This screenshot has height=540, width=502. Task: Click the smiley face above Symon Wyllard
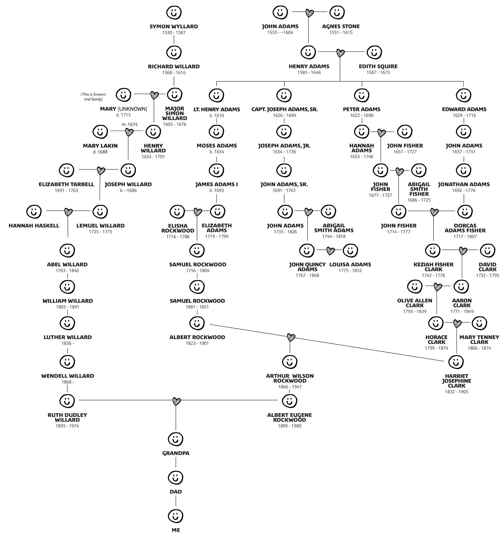[x=174, y=12]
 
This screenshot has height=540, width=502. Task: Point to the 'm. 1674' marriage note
[x=130, y=124]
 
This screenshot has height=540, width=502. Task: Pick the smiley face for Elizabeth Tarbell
[x=66, y=170]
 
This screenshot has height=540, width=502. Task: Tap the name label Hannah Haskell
[x=34, y=226]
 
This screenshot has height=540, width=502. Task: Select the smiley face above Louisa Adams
[x=350, y=250]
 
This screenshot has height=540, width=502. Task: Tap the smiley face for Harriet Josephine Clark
[x=456, y=362]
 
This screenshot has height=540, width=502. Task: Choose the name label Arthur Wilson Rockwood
[x=290, y=378]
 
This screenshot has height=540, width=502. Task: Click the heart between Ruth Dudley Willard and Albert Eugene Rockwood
[x=176, y=400]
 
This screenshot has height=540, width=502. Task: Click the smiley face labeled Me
[x=175, y=515]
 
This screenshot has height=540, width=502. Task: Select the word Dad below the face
[x=175, y=492]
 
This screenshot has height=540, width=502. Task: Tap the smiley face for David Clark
[x=487, y=251]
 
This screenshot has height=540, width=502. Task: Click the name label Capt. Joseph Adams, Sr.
[x=284, y=109]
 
